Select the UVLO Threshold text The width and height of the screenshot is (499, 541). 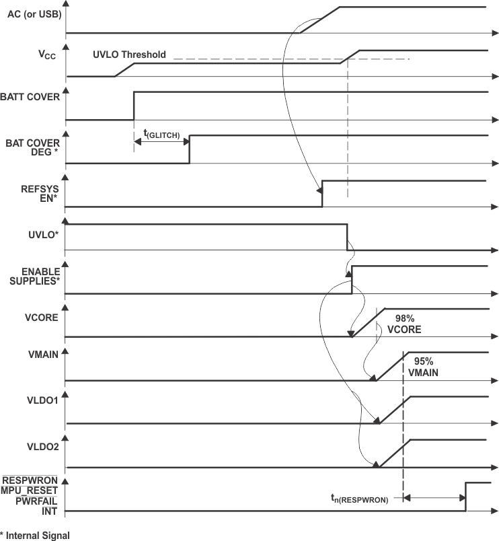129,55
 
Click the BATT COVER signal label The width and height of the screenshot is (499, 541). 32,96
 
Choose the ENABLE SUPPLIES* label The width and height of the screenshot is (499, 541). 35,276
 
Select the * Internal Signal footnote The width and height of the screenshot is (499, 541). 35,536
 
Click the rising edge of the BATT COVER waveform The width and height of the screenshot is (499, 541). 134,106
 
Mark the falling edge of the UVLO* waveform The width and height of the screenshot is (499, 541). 347,237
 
